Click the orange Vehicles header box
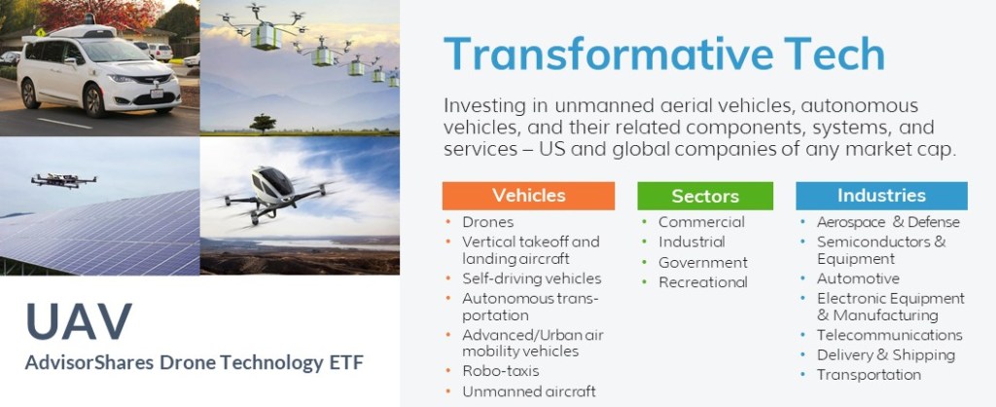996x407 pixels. (528, 195)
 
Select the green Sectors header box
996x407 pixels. (705, 196)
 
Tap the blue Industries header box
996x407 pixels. (881, 195)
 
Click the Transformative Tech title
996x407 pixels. (663, 55)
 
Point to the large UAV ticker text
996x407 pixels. (80, 321)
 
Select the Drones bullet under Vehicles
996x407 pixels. (488, 222)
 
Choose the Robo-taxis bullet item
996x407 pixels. (500, 371)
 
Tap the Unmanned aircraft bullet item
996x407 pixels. (529, 390)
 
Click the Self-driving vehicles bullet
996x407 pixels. (531, 278)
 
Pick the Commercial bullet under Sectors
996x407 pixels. (701, 222)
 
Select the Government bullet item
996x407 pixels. (702, 262)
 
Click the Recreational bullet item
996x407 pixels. (702, 282)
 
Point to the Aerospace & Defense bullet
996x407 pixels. (887, 222)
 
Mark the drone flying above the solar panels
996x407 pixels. (63, 180)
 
